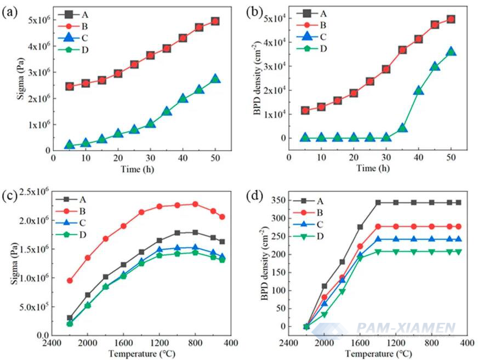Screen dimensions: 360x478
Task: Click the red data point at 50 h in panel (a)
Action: click(x=215, y=21)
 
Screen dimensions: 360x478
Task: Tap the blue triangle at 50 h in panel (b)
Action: click(x=451, y=52)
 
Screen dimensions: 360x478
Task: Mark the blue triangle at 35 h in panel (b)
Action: click(x=402, y=128)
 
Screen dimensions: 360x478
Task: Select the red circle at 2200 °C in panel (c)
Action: click(x=70, y=281)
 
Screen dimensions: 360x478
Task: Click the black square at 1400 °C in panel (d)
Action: click(x=378, y=202)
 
